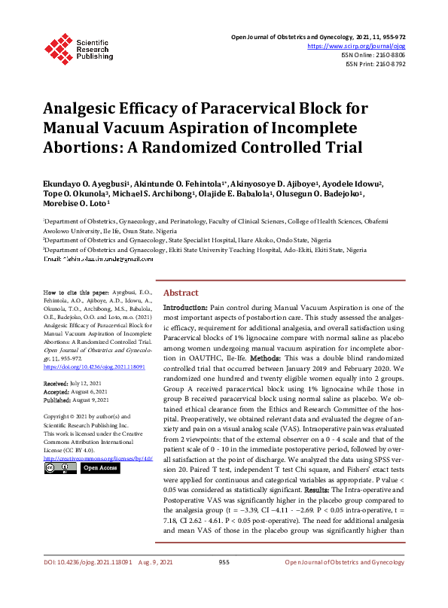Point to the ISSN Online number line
coord(375,55)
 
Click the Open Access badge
coord(100,468)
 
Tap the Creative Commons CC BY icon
coord(59,468)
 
